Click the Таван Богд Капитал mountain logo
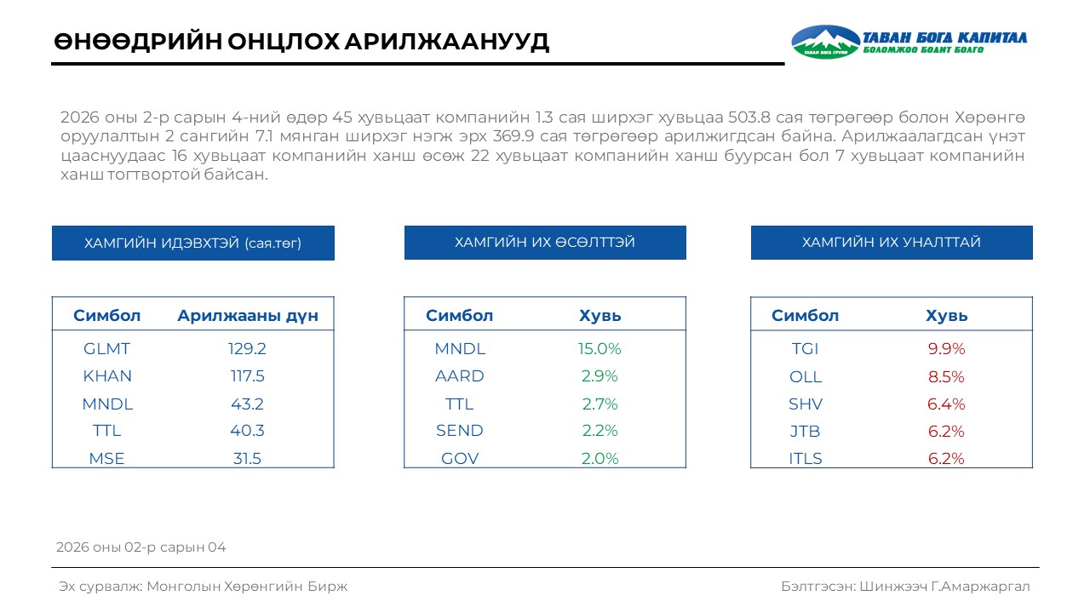[x=825, y=42]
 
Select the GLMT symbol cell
[x=106, y=349]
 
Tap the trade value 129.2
[x=247, y=349]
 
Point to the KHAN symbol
[x=107, y=376]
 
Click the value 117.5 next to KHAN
[x=247, y=376]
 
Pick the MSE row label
[x=106, y=459]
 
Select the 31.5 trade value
[x=247, y=459]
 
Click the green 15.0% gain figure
[x=600, y=349]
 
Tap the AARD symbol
[x=460, y=376]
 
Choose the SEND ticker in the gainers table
[x=460, y=431]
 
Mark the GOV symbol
[x=460, y=459]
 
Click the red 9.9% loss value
[x=946, y=349]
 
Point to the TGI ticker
[x=805, y=349]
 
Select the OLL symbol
[x=806, y=377]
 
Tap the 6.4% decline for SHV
[x=946, y=404]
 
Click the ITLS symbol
[x=806, y=459]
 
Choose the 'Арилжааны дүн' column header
[x=248, y=316]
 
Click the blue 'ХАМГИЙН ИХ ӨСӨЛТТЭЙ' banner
[x=545, y=243]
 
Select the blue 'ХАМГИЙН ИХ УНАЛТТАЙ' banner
[x=892, y=243]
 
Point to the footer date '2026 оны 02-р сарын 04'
[x=141, y=547]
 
